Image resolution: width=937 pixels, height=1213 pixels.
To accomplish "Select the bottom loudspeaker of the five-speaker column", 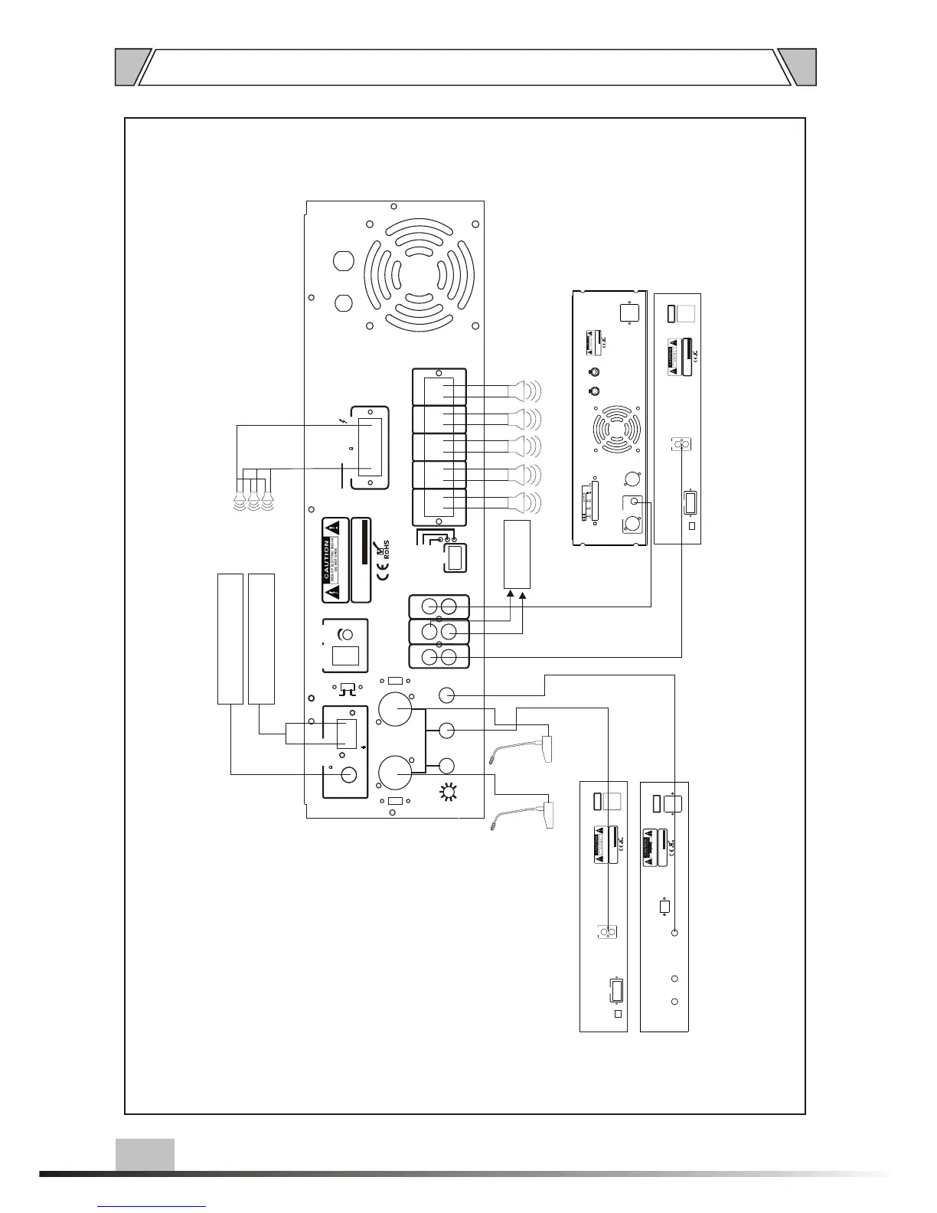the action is point(523,502).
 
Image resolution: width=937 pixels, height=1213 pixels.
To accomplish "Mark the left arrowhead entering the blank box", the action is point(511,593).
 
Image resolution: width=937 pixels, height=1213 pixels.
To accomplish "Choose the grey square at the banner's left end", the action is point(128,67).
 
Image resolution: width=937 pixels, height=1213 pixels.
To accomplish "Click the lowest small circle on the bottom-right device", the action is point(674,1002).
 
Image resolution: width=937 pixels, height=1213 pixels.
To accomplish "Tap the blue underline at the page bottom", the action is point(152,1206).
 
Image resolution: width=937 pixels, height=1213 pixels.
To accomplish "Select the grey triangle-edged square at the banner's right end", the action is point(800,67).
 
